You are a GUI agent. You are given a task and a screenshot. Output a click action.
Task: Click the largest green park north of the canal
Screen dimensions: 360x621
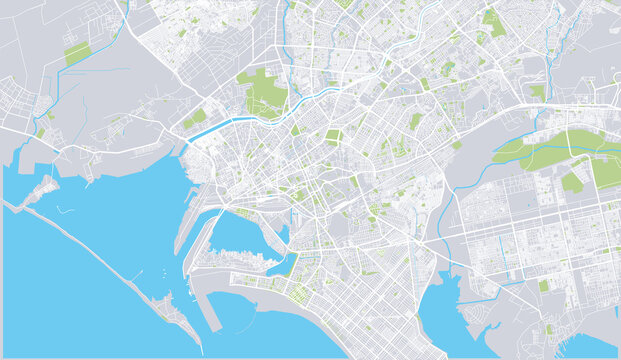pos(265,92)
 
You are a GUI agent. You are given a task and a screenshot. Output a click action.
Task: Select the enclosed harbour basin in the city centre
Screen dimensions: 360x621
pos(240,234)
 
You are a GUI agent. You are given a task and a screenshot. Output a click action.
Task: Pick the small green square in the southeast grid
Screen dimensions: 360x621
pos(544,286)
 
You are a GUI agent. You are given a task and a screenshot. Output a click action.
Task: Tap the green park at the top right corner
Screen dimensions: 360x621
pos(492,20)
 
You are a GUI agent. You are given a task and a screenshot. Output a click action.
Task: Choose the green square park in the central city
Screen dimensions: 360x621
pos(333,137)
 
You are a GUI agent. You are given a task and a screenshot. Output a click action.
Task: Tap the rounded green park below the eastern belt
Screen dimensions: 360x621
pos(571,181)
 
